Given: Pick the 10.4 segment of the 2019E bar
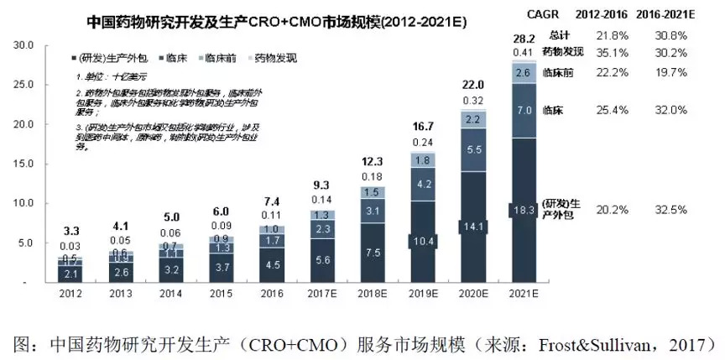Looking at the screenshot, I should pos(423,242).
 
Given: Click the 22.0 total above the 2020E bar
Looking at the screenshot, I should pos(472,86).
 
